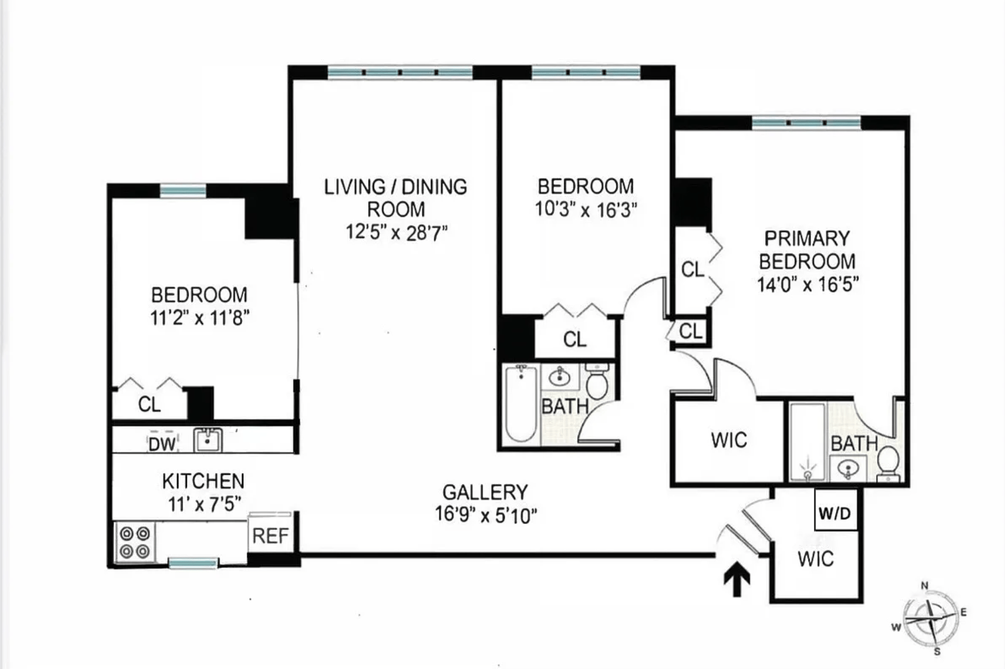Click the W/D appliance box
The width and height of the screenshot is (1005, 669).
[x=835, y=509]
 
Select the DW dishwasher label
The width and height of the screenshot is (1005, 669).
[x=162, y=443]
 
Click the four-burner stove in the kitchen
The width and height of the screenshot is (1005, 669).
[x=135, y=542]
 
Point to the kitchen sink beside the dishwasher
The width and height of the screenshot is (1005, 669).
[x=208, y=440]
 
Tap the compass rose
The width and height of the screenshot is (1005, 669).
[x=930, y=618]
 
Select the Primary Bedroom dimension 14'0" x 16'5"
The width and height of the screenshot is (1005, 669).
[x=807, y=283]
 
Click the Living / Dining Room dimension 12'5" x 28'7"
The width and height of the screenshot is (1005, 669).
[x=396, y=232]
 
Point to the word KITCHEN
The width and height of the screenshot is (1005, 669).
[x=203, y=481]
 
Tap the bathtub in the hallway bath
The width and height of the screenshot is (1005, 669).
[x=521, y=403]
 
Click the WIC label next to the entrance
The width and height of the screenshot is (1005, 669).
[x=815, y=559]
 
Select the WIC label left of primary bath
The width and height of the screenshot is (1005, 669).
[x=729, y=440]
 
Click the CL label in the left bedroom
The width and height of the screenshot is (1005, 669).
[x=149, y=404]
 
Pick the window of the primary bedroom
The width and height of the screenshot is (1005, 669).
[x=806, y=123]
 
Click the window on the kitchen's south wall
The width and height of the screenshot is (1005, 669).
[x=193, y=563]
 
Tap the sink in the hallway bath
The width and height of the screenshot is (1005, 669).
[x=560, y=377]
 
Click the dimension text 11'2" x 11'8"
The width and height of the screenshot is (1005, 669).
[x=200, y=318]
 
